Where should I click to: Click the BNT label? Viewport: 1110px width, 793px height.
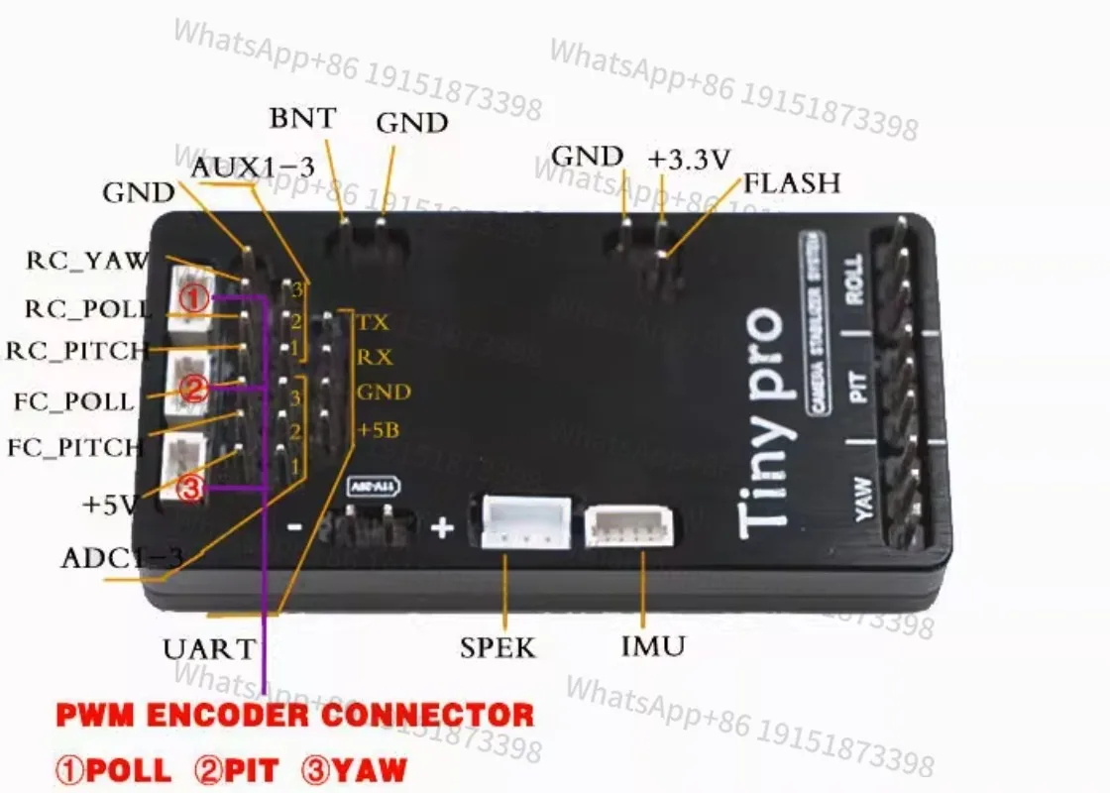click(x=302, y=118)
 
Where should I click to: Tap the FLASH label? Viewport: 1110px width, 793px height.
click(x=791, y=182)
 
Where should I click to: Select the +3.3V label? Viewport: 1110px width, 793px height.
click(x=689, y=159)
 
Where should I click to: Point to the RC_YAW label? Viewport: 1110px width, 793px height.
click(x=86, y=261)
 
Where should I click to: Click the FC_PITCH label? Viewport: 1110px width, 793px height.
click(x=75, y=447)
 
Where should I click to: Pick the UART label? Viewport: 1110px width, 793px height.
click(x=208, y=649)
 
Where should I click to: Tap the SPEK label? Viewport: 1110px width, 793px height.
click(x=498, y=648)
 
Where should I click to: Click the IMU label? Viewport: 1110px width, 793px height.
click(x=652, y=647)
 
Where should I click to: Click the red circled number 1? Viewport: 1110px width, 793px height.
click(x=195, y=296)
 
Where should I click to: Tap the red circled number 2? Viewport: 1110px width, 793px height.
click(x=194, y=390)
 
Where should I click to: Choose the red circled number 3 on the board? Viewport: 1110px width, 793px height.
click(x=192, y=488)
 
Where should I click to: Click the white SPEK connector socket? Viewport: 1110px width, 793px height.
click(x=525, y=521)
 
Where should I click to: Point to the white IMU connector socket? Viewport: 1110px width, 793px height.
click(x=632, y=527)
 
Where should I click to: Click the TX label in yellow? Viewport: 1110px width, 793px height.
click(x=373, y=322)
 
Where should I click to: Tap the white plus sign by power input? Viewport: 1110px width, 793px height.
click(x=441, y=527)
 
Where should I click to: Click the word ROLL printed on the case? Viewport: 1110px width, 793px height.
click(x=854, y=282)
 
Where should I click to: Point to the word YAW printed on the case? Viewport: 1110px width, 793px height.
click(x=862, y=499)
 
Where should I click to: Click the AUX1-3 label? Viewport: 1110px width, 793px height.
click(x=252, y=168)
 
